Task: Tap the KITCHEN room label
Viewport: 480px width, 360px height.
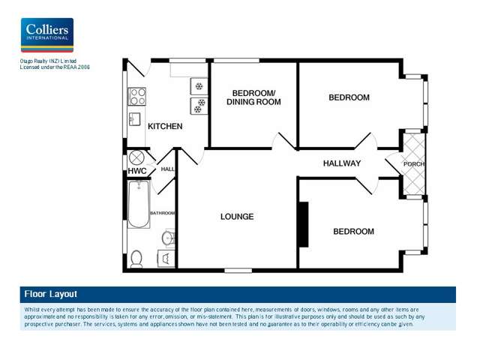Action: point(164,126)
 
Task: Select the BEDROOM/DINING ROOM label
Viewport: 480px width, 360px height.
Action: point(252,97)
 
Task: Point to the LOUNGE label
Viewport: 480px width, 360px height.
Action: point(237,217)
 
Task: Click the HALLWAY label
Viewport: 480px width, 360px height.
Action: point(342,163)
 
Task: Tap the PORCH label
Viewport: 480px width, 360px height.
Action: point(414,164)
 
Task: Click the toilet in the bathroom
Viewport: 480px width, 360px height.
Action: point(136,259)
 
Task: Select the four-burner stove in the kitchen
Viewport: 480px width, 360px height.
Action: point(138,96)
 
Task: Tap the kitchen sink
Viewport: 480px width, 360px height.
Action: point(136,120)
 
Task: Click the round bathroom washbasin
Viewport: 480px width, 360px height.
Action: point(168,238)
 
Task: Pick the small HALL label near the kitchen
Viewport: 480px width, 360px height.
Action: point(167,169)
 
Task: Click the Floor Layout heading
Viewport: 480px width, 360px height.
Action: point(50,294)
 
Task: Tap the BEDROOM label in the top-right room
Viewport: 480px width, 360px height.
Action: point(349,97)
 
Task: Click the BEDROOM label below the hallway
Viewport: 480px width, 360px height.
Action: point(353,232)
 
